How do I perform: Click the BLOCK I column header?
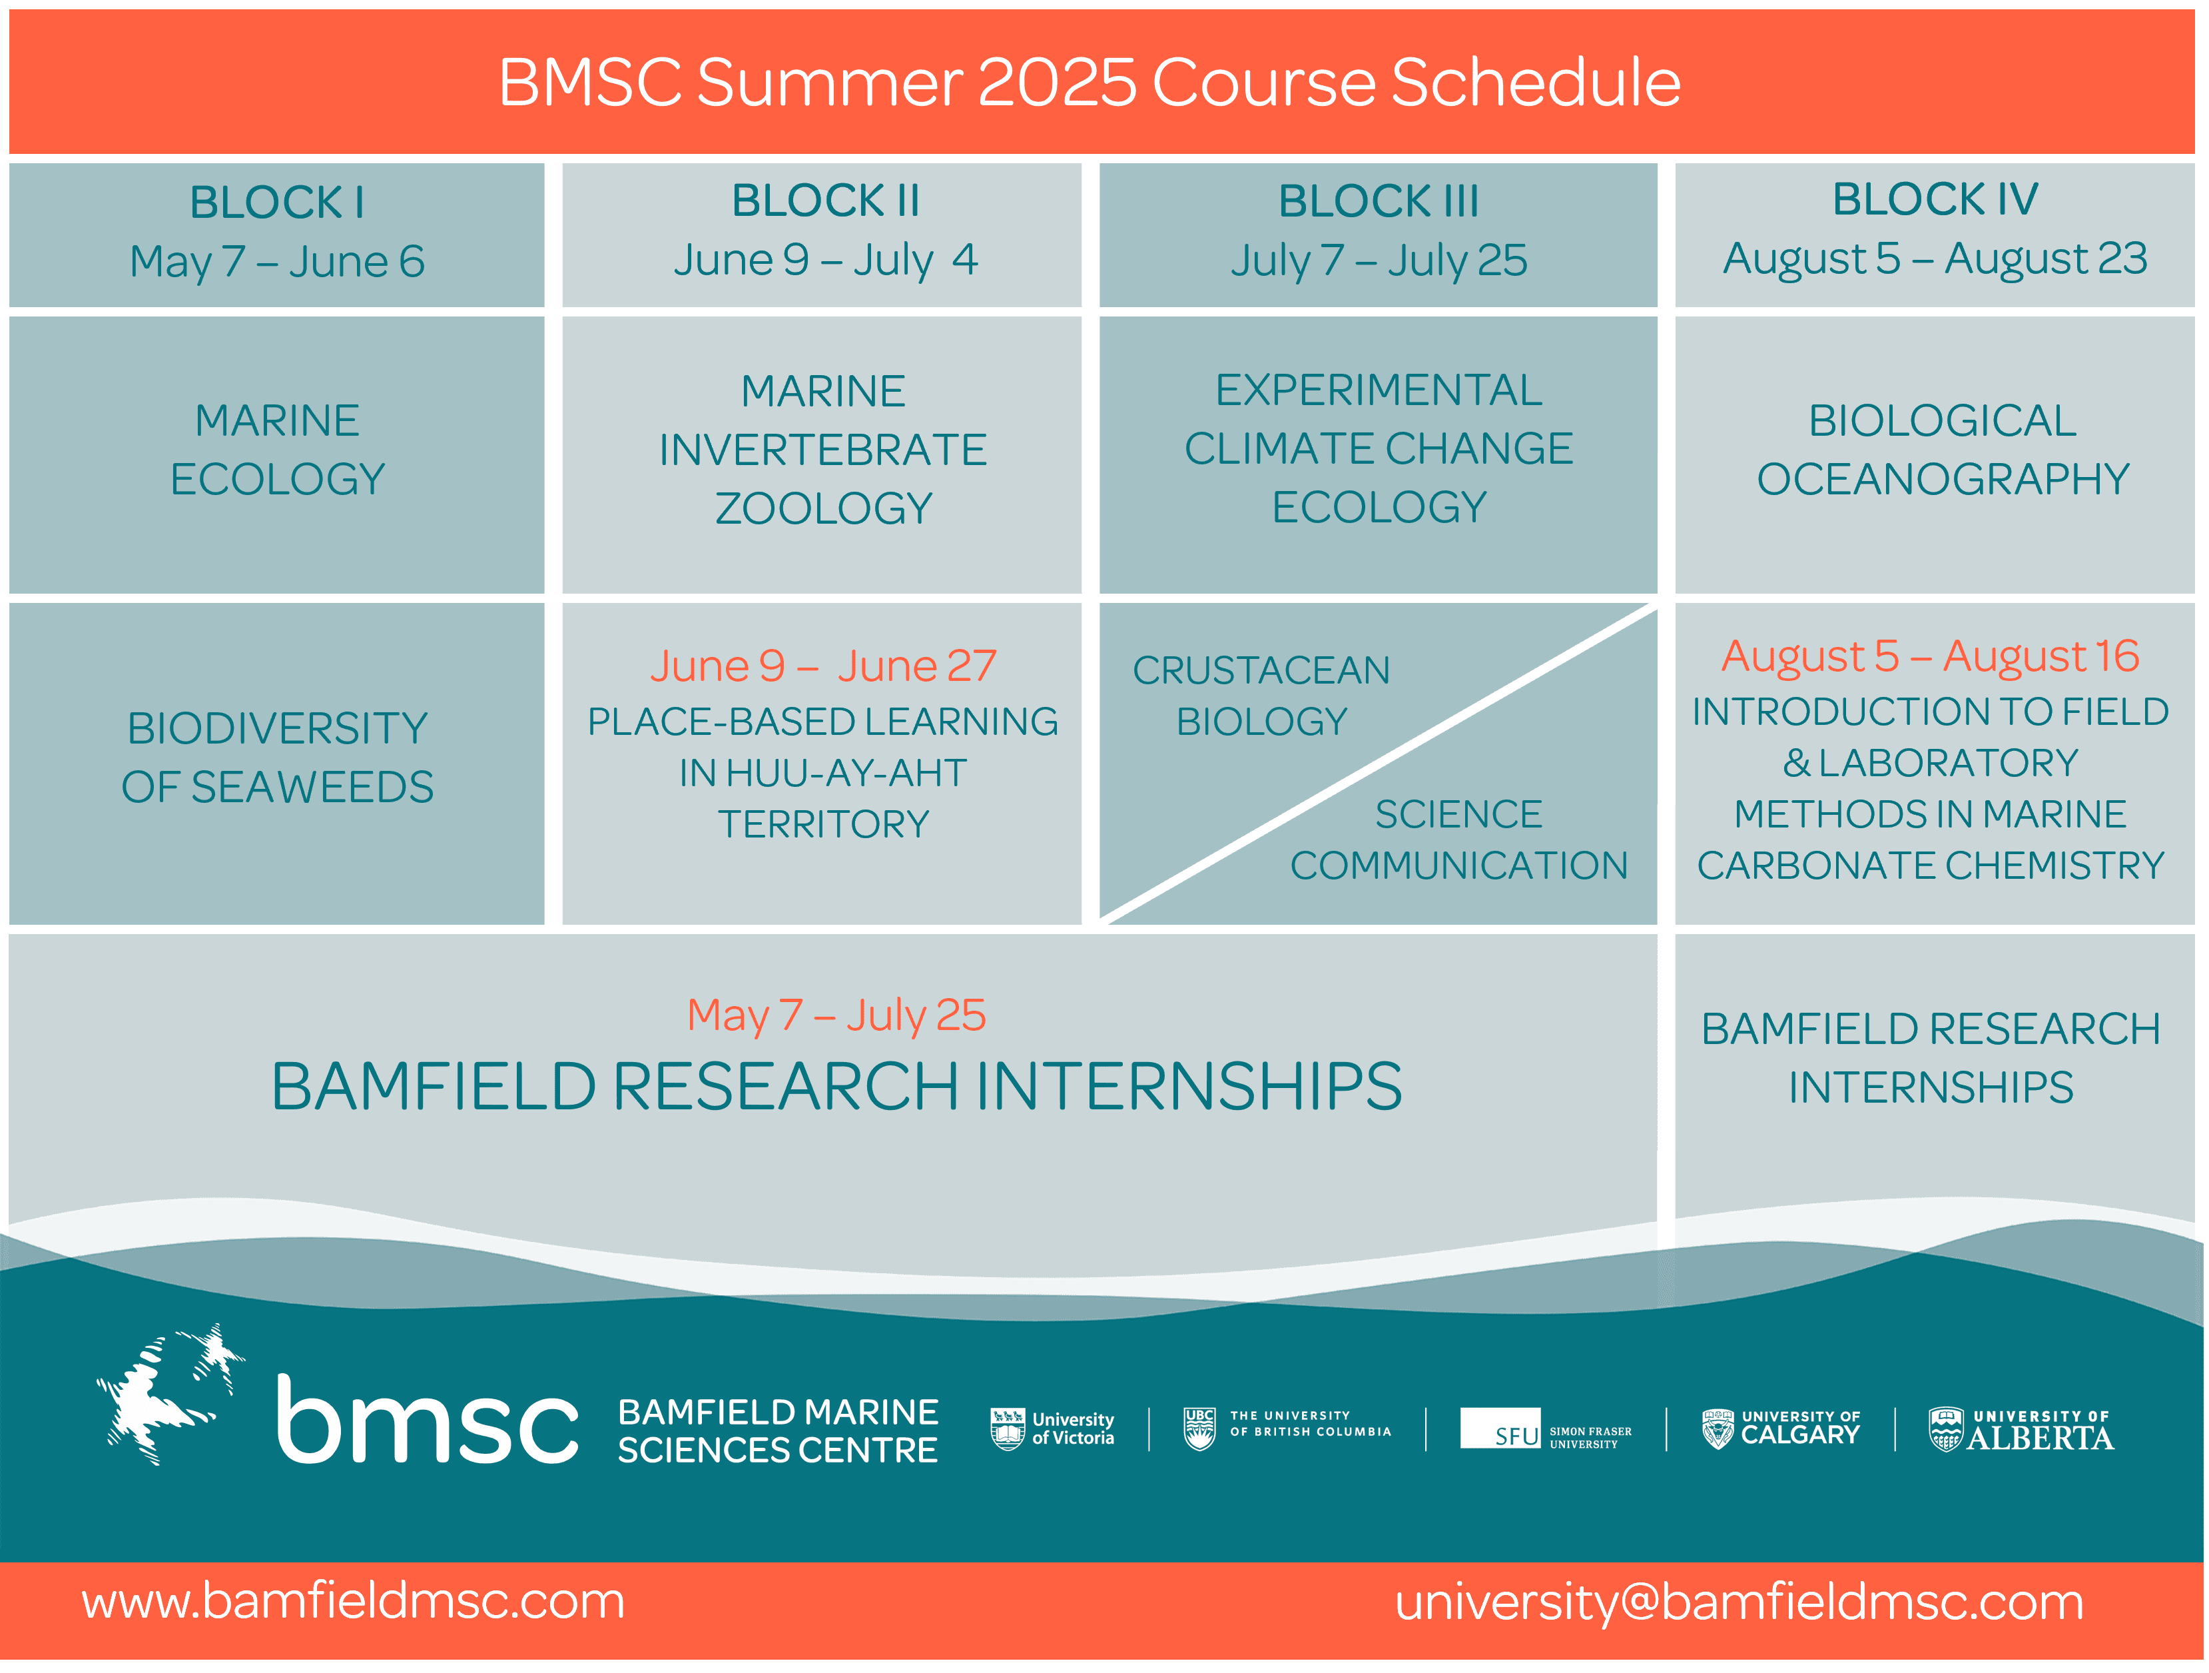276,203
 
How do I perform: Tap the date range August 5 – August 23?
1935,259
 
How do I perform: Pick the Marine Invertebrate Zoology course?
823,450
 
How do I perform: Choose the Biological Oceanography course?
1943,450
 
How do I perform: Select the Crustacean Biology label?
1261,695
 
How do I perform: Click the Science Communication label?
1459,839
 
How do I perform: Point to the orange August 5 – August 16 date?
1931,656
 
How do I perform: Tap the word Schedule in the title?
1536,82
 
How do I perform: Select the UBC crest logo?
1199,1428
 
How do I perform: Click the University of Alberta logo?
2021,1429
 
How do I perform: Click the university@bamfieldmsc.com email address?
1739,1602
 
